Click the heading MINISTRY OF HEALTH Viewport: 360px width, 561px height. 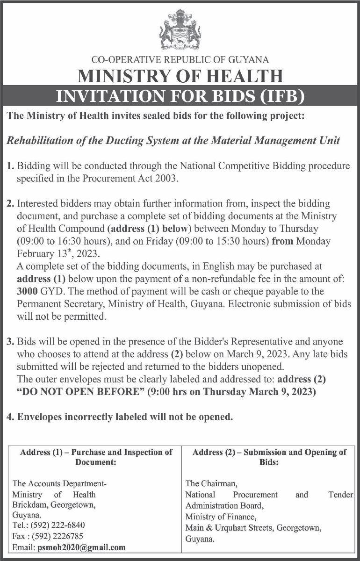point(180,76)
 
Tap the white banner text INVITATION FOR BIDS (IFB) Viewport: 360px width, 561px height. point(180,96)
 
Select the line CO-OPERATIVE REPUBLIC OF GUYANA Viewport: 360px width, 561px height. point(180,59)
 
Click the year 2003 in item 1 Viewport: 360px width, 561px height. point(169,178)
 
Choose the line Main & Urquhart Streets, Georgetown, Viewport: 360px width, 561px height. point(253,528)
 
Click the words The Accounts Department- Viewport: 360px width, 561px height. point(59,483)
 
